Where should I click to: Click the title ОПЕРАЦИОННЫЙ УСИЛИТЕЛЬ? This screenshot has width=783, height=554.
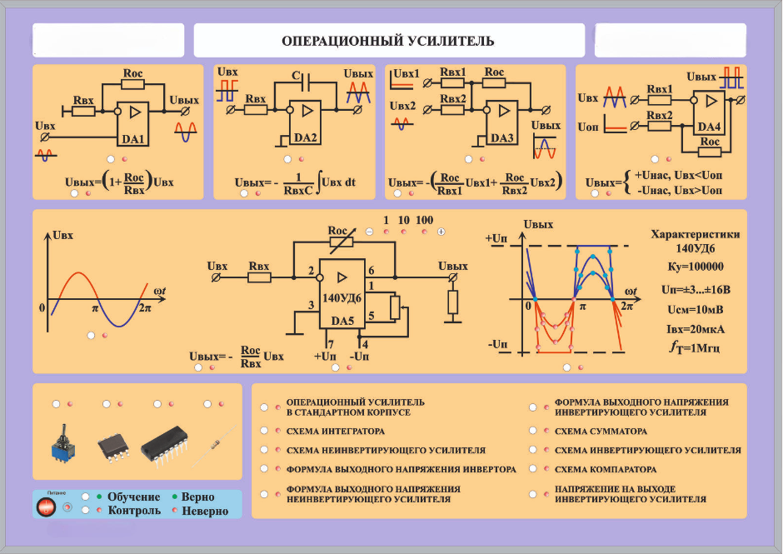tap(387, 41)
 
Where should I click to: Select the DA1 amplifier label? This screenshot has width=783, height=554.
tap(134, 139)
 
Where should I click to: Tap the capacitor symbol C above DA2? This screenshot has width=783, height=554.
tap(296, 77)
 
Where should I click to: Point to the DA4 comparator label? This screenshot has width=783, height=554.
tap(709, 127)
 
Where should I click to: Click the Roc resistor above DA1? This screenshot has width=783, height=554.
tap(132, 83)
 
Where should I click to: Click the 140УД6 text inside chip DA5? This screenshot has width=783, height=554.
tap(342, 298)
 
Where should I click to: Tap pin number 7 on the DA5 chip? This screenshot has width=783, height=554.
tap(330, 343)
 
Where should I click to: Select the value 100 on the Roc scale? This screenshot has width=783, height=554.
tap(424, 220)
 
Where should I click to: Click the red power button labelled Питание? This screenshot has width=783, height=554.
tap(47, 506)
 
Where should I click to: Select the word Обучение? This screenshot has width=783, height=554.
tap(133, 497)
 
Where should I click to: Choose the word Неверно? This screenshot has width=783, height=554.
tap(205, 512)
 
